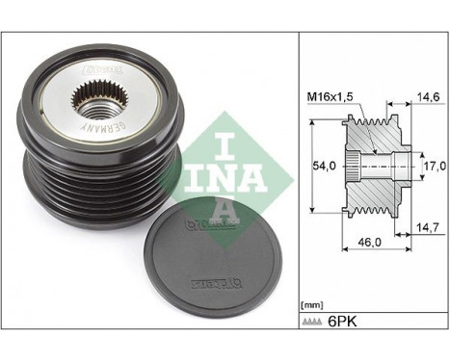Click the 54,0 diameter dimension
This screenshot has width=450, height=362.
[328, 165]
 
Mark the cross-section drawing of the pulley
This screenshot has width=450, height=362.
[377, 165]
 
